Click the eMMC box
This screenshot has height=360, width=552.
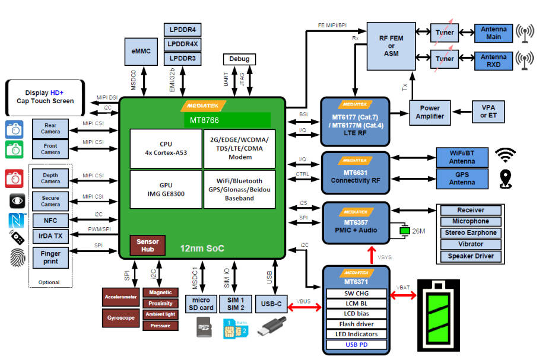[x=141, y=52]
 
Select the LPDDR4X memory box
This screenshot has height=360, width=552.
[x=183, y=44]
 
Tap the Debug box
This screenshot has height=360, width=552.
[x=240, y=59]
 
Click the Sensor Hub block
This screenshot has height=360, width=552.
[x=147, y=246]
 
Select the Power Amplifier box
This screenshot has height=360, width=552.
[x=429, y=112]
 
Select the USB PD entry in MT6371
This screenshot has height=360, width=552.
[x=356, y=345]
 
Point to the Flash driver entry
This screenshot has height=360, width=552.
[x=356, y=324]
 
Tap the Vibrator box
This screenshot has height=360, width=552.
[x=470, y=244]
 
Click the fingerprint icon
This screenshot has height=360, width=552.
[x=17, y=257]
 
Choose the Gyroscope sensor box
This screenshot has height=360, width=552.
[x=120, y=318]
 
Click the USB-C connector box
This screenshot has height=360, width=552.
[x=270, y=304]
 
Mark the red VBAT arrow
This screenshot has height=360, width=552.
[x=404, y=294]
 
